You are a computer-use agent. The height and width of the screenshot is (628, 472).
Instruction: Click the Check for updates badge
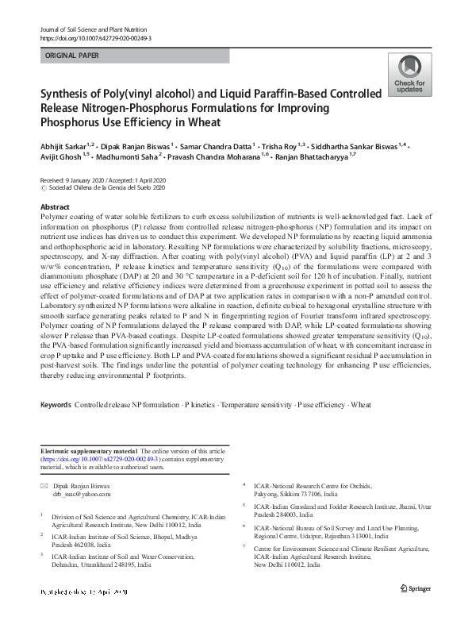tap(409, 75)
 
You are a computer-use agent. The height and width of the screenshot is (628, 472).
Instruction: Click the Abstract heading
tap(55, 206)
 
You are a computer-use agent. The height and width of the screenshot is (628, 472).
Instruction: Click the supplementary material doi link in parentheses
tap(101, 459)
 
